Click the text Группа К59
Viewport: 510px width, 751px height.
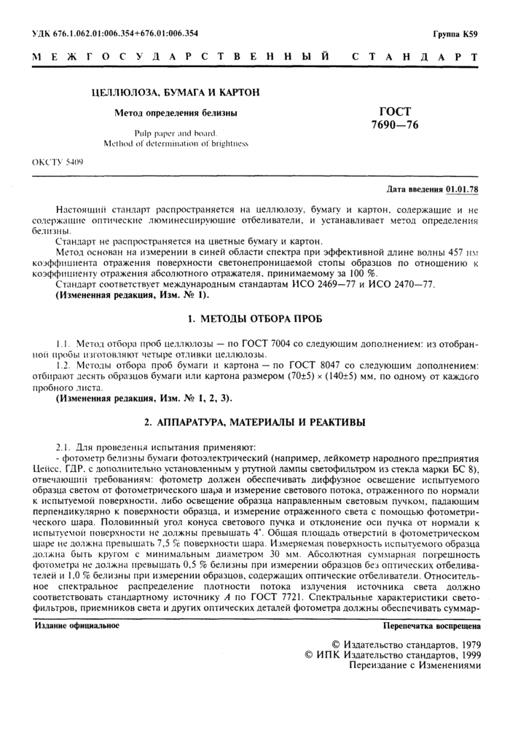[x=455, y=34]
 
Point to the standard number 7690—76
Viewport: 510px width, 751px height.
[x=395, y=125]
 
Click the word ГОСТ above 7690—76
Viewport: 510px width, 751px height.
[x=395, y=111]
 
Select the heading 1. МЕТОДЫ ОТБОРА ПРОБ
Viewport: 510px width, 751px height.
[x=255, y=320]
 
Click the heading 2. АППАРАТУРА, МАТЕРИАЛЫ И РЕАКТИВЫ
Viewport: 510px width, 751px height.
[x=255, y=422]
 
